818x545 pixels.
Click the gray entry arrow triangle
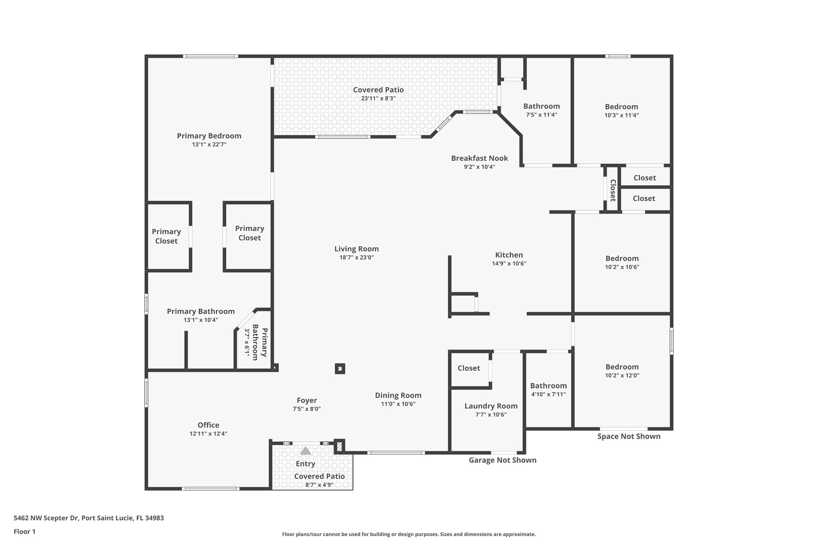[306, 451]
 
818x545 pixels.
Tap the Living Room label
[357, 249]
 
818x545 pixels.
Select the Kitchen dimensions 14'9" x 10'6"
[509, 264]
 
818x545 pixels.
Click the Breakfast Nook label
[479, 158]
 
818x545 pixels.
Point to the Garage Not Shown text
[502, 460]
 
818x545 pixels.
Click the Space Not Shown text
[629, 436]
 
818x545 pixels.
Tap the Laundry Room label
[491, 406]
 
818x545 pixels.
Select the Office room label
[208, 425]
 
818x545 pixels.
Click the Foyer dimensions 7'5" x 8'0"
[307, 409]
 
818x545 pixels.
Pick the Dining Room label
[398, 395]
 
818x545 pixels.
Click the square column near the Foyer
[340, 369]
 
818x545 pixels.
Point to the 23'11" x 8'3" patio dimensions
[378, 98]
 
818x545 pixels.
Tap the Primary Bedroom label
[209, 136]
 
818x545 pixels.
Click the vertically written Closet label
[613, 190]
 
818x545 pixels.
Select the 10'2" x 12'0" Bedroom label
[622, 367]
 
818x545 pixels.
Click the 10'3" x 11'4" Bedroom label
[621, 107]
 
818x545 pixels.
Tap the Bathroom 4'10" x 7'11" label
[548, 386]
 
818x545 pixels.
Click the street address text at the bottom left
[89, 518]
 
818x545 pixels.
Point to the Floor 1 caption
[24, 531]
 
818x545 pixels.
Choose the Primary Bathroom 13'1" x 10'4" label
[201, 311]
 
